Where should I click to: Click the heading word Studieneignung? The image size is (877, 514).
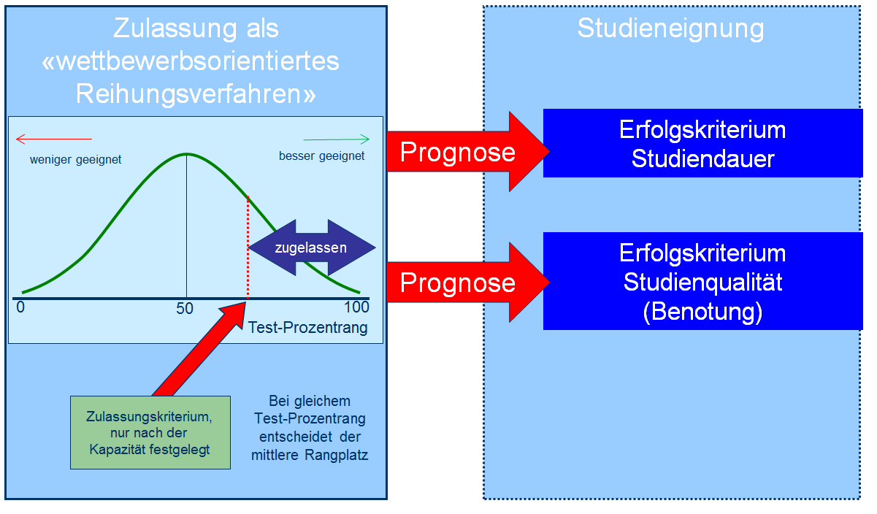click(x=670, y=29)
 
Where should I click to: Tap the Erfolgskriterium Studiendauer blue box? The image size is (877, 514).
click(x=702, y=143)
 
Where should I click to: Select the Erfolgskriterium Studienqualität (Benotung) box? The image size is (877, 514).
click(x=702, y=282)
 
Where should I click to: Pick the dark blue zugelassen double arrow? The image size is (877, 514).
click(x=312, y=248)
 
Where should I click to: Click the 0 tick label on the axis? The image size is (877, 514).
click(x=20, y=307)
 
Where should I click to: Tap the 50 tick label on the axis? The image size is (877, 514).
click(x=185, y=308)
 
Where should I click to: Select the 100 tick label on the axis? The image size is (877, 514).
click(x=356, y=307)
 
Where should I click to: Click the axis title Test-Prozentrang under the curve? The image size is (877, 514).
click(x=308, y=329)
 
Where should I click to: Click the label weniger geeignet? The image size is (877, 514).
click(x=75, y=158)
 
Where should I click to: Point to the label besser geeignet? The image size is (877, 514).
click(x=321, y=156)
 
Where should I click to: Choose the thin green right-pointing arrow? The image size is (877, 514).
click(x=337, y=139)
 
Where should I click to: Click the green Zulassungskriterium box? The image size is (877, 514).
click(x=150, y=432)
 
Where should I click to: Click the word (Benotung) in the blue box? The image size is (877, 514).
click(x=702, y=312)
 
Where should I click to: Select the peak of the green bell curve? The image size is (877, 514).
click(x=187, y=154)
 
